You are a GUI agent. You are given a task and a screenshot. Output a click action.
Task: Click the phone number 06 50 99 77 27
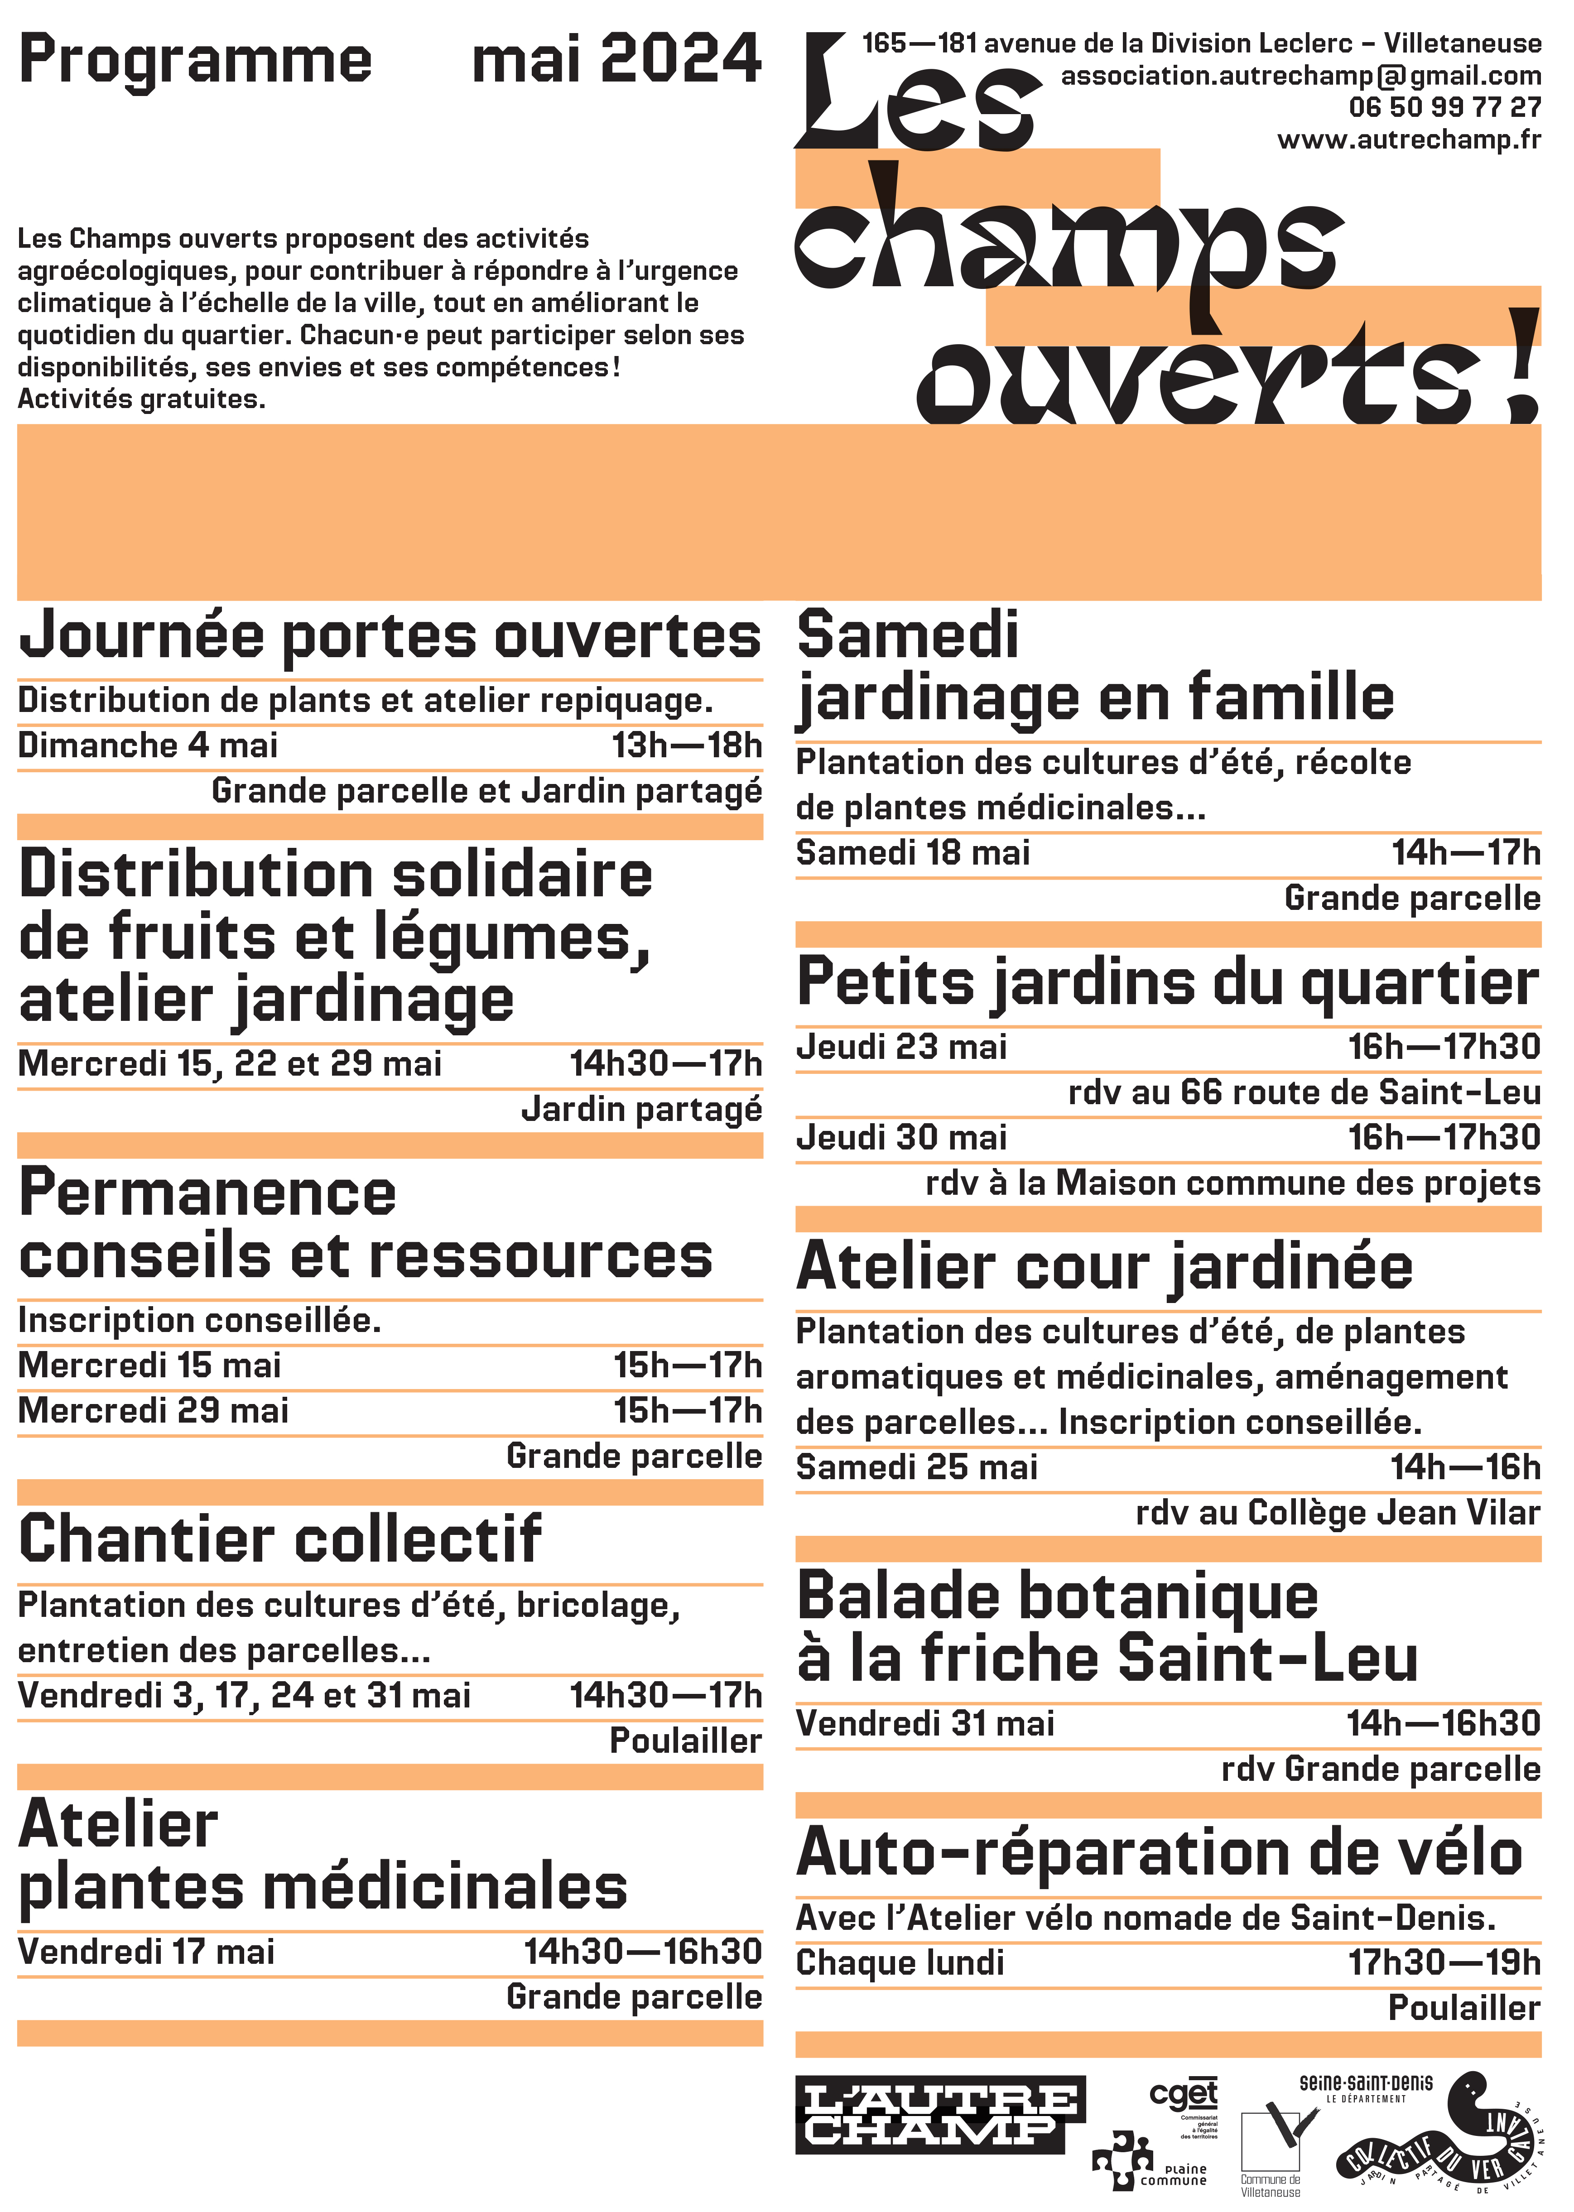point(1444,107)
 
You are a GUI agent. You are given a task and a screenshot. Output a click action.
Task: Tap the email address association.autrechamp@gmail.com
point(1301,76)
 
